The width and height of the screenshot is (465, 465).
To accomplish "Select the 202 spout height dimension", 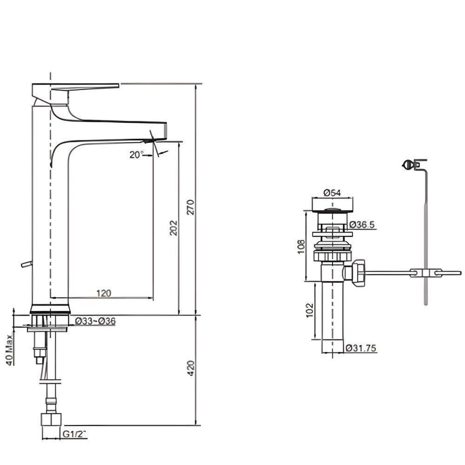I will coord(173,228).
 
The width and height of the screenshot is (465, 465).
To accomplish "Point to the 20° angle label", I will coord(137,155).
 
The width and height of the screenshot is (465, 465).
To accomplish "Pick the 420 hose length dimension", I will coord(189,370).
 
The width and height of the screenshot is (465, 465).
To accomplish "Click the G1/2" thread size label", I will coord(75,434).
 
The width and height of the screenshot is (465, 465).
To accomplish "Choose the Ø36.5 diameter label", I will coord(362,225).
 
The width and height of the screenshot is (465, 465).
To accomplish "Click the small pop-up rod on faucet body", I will coord(26,264).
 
